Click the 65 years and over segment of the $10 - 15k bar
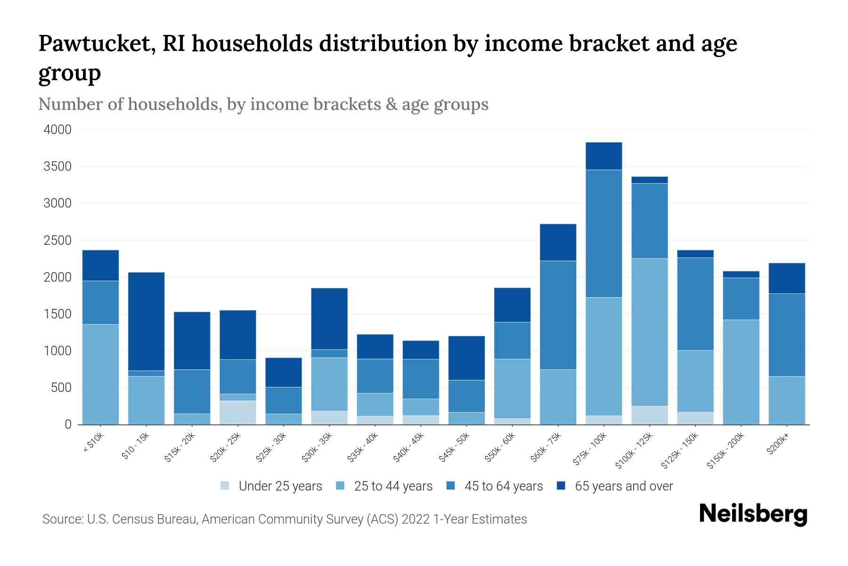point(146,321)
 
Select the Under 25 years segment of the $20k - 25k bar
point(237,413)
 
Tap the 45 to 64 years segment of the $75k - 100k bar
point(603,233)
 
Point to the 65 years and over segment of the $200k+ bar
point(786,278)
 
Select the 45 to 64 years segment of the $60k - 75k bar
point(558,315)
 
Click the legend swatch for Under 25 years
point(225,486)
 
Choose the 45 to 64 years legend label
point(503,486)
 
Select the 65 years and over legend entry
point(623,486)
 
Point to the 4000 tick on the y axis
point(57,130)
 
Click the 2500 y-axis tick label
point(57,241)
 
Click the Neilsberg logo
point(753,514)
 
